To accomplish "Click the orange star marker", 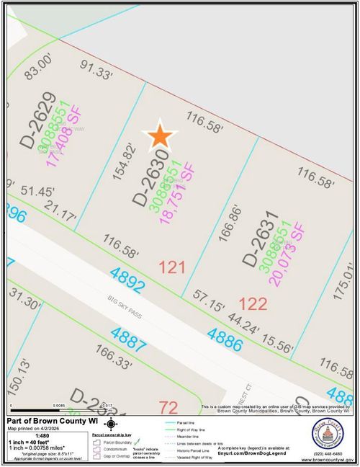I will (x=160, y=135).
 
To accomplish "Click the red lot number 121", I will (x=172, y=268).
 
